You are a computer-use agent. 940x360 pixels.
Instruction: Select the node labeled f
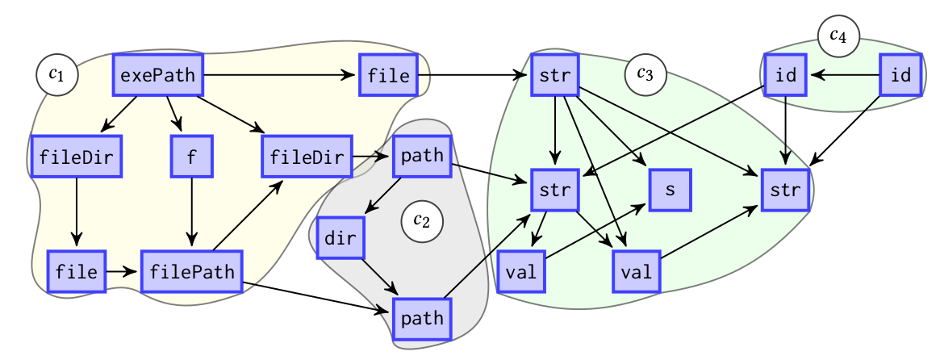click(x=191, y=156)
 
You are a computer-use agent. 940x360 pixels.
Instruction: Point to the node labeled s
click(x=670, y=190)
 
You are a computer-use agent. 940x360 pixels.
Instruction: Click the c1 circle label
click(x=56, y=75)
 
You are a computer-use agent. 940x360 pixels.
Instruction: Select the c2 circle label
click(x=422, y=220)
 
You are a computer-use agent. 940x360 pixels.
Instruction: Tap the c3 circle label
click(x=645, y=73)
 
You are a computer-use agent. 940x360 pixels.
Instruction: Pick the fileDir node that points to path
click(x=307, y=156)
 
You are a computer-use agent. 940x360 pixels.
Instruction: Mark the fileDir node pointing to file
click(x=77, y=156)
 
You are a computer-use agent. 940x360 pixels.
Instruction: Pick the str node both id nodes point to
click(x=785, y=190)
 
